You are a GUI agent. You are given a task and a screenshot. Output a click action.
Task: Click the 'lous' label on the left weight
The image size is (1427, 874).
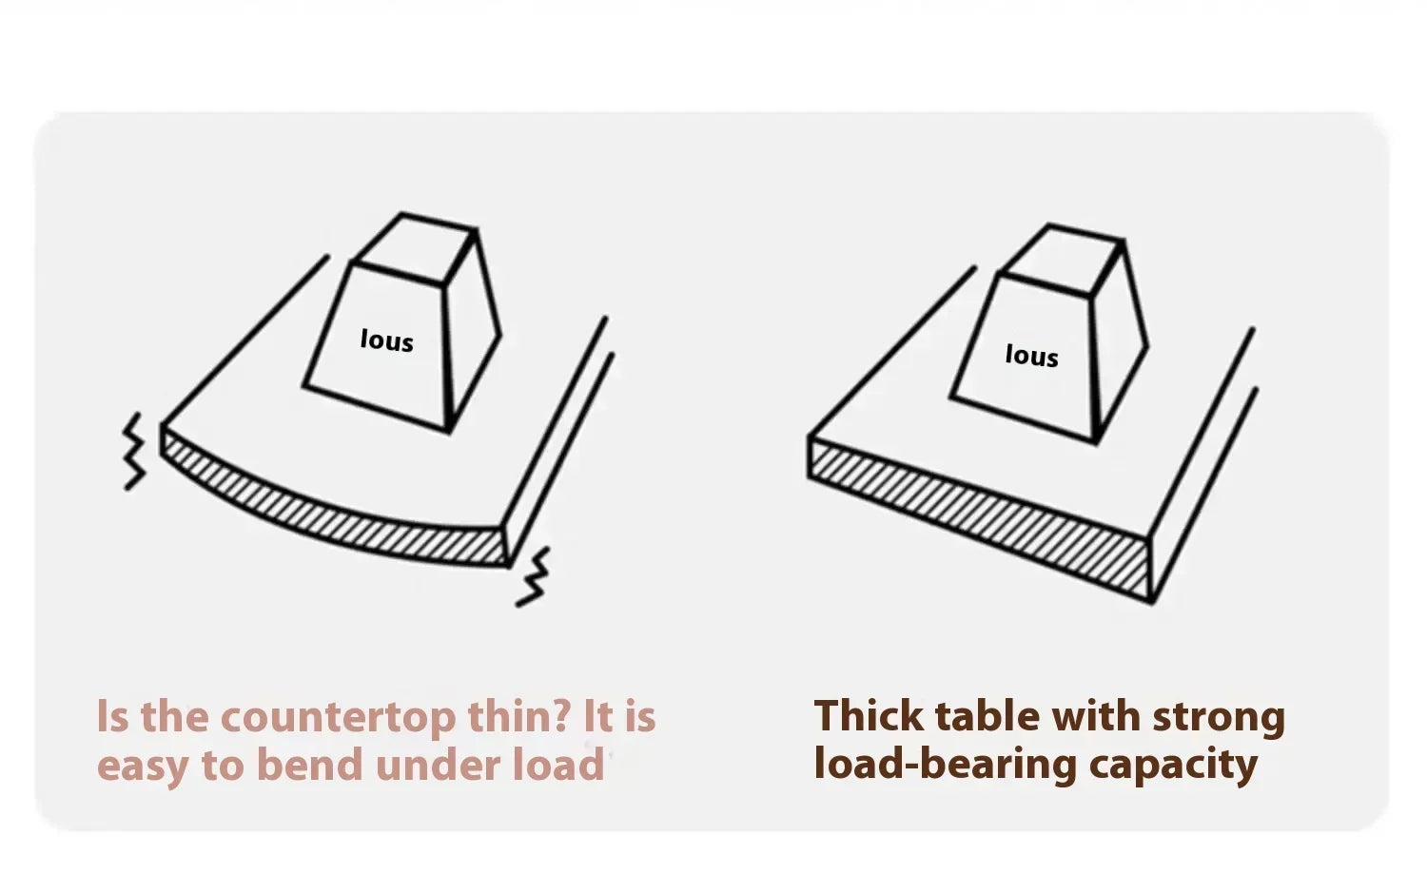click(386, 340)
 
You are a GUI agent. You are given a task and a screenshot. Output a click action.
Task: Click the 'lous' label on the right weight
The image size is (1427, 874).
click(1032, 355)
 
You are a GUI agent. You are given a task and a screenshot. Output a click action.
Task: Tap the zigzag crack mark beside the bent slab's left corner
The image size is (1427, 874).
click(134, 451)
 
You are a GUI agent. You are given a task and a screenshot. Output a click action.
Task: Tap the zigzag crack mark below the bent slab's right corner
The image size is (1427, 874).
click(533, 576)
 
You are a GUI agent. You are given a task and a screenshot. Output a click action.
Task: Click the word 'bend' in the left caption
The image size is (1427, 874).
click(310, 765)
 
